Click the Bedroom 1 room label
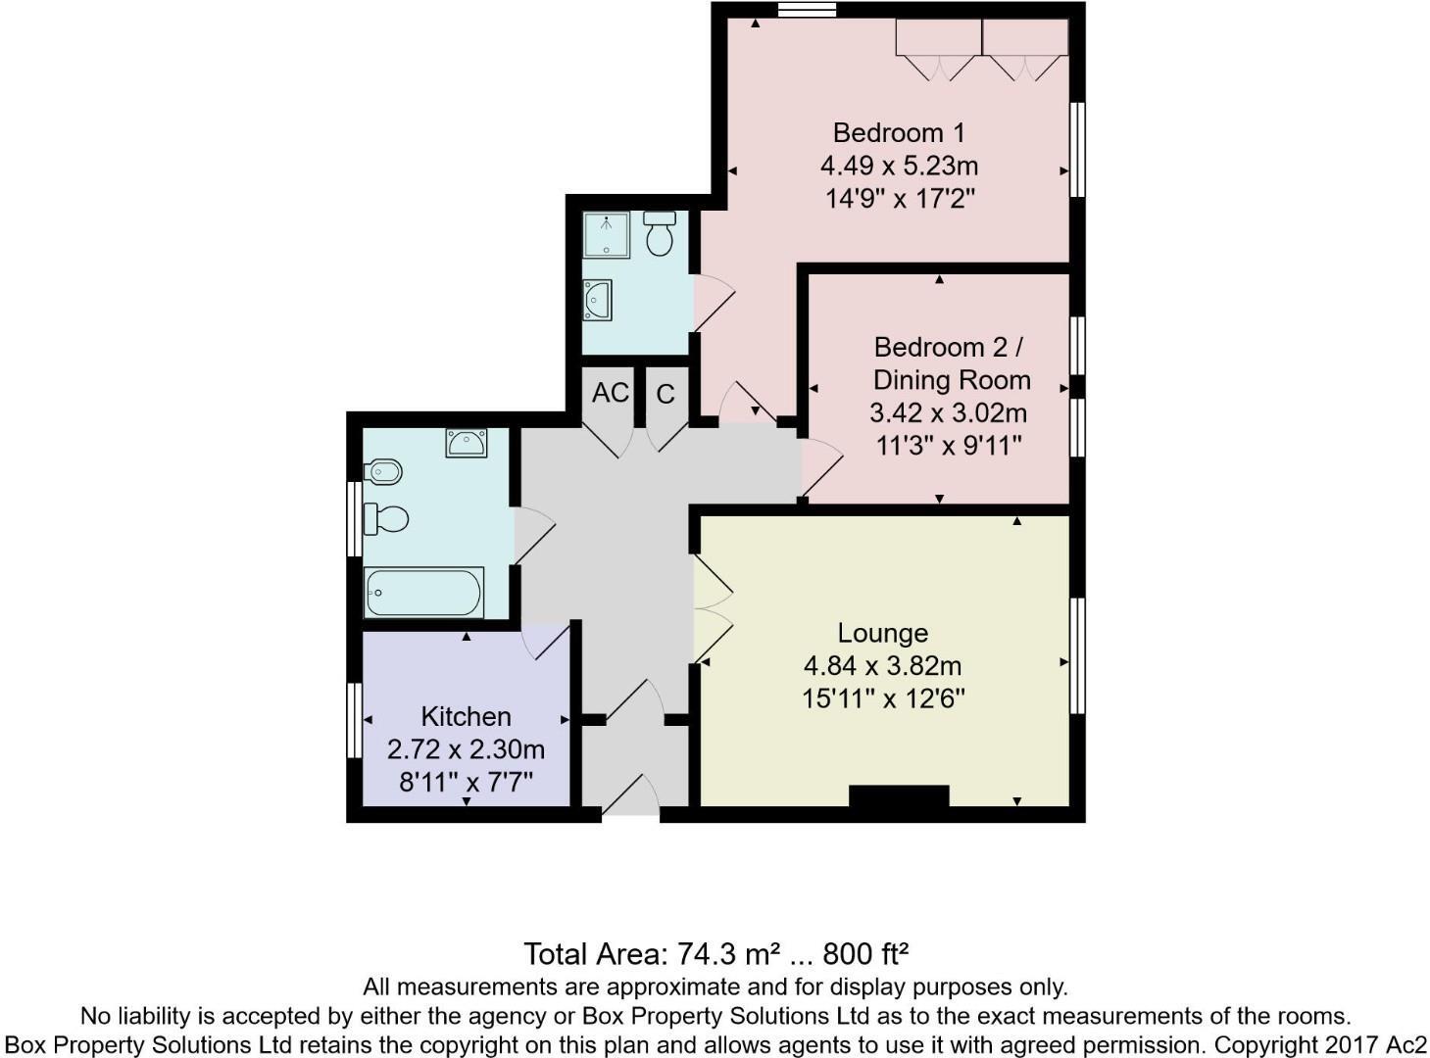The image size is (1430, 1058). (x=899, y=132)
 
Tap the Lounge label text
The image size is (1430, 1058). (x=882, y=633)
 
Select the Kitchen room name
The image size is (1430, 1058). (x=466, y=716)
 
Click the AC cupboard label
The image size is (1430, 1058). (x=610, y=393)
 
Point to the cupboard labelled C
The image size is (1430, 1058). (x=666, y=394)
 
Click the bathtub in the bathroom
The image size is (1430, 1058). (x=423, y=593)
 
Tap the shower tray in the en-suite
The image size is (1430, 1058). (x=606, y=235)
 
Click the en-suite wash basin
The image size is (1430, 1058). (x=597, y=300)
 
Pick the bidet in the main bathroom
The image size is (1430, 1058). (x=383, y=472)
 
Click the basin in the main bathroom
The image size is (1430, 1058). (x=467, y=443)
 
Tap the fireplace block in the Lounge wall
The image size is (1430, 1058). (x=899, y=795)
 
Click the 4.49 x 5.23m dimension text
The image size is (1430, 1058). (x=899, y=166)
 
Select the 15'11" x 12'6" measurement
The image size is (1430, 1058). (x=883, y=699)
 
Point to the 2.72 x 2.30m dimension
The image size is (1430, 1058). (x=466, y=750)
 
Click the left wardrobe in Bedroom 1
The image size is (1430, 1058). (x=938, y=39)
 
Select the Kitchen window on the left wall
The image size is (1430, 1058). (x=354, y=720)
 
